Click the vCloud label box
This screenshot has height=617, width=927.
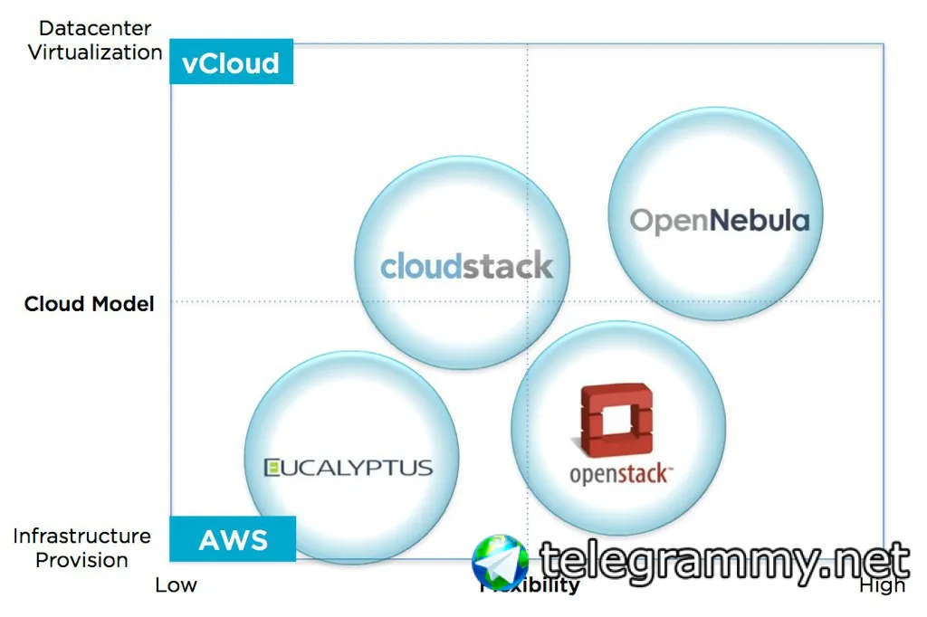231,62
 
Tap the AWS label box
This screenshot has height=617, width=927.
233,540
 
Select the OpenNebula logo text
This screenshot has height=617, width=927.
720,220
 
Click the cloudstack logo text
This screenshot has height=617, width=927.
466,266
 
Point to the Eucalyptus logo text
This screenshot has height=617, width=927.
349,468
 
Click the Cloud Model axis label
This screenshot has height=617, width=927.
89,303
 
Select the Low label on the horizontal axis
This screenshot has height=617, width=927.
176,584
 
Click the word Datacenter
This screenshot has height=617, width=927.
95,29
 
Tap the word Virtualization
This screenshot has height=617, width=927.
95,52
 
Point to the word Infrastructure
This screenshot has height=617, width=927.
81,536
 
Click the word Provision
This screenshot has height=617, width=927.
81,560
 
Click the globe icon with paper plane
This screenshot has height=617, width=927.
500,562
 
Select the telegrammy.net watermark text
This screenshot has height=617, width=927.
724,562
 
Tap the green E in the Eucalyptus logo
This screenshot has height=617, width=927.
271,468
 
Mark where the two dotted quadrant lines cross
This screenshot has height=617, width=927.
528,301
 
